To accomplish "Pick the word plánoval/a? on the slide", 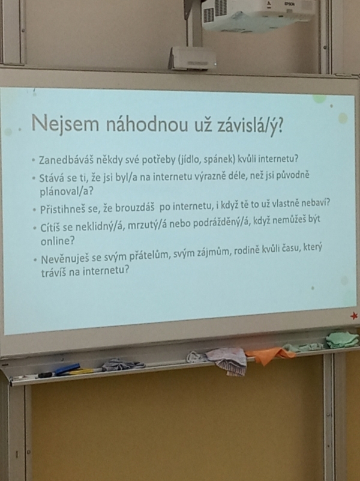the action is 67,192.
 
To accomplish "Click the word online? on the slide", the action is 58,241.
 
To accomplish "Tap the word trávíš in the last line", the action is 53,272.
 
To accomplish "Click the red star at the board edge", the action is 354,316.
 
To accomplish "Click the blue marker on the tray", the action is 67,369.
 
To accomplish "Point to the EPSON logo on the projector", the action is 289,4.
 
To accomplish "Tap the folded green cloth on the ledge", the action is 341,340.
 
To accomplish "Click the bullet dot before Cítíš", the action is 35,228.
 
